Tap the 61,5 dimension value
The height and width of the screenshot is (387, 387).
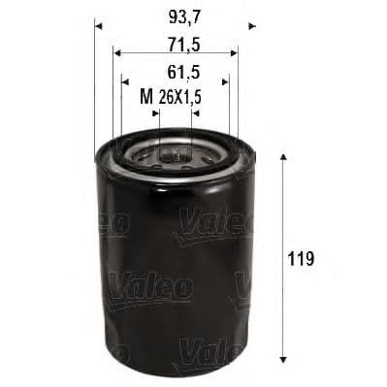(176, 71)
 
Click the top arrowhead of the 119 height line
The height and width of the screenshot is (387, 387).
(282, 158)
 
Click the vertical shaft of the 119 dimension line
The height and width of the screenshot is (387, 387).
(282, 223)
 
